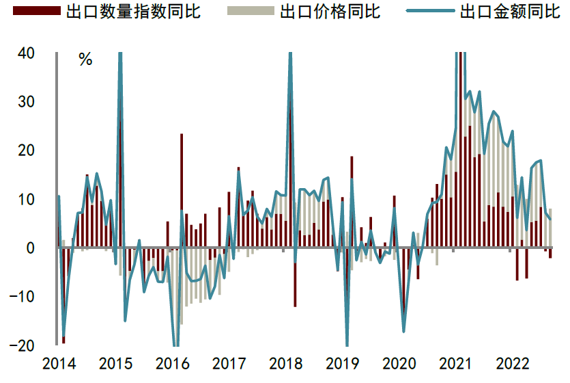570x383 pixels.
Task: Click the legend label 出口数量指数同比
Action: [133, 12]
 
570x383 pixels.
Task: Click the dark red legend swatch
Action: [33, 12]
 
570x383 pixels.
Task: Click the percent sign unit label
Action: [85, 60]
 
